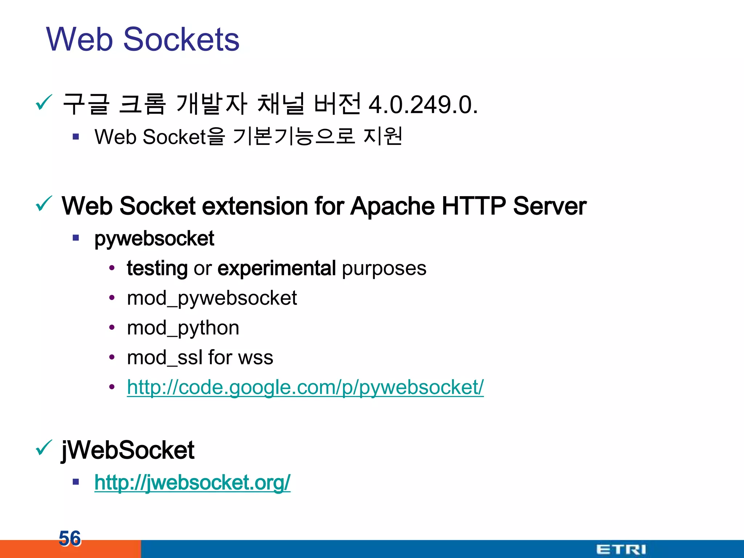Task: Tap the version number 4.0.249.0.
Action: tap(423, 105)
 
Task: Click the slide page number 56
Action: tap(70, 538)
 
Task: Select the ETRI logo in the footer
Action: tap(621, 549)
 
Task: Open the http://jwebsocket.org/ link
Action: tap(192, 482)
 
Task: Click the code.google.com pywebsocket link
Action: tap(305, 387)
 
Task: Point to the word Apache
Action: tap(392, 206)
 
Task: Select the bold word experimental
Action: tap(276, 268)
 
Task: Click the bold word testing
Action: tap(157, 269)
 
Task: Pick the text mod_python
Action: tap(183, 328)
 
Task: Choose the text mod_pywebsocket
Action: tap(212, 298)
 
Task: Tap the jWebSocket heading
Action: tap(128, 450)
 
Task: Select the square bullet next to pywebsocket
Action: tap(76, 238)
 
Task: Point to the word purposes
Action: tap(384, 269)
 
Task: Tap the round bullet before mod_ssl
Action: tap(112, 357)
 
